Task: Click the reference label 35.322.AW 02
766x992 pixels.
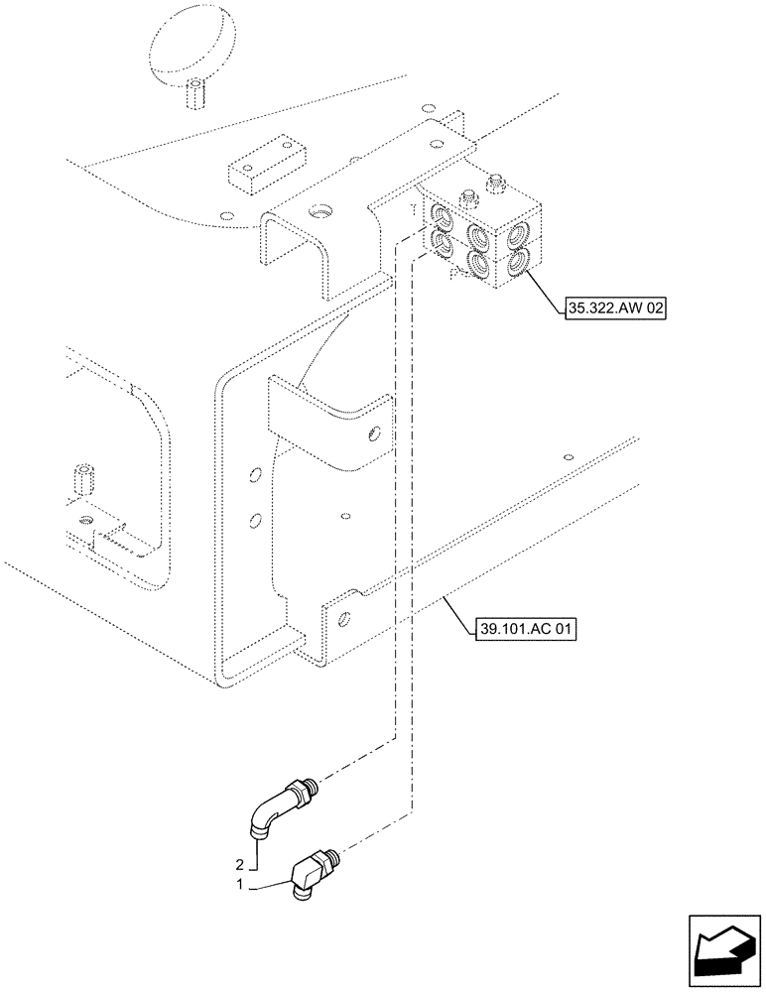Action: [x=613, y=310]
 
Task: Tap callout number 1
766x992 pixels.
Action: [x=238, y=881]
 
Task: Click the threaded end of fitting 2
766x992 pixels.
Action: [x=311, y=787]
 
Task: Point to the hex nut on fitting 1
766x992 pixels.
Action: [x=323, y=858]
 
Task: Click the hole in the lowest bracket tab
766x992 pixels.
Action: [x=341, y=620]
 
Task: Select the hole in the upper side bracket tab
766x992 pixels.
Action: [x=373, y=433]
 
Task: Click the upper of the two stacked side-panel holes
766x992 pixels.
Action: [x=255, y=475]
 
